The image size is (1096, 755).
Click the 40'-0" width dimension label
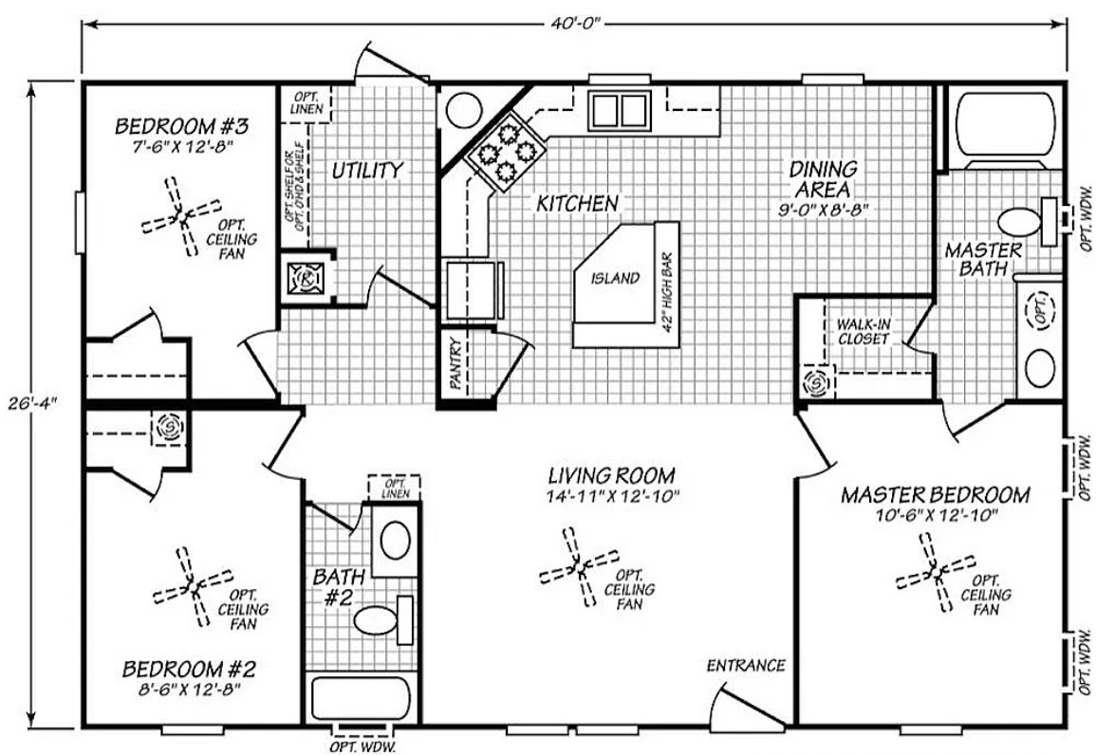coord(575,25)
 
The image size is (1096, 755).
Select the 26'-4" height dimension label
coord(32,403)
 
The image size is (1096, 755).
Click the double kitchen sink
coord(620,109)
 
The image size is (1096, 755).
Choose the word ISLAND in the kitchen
coord(615,278)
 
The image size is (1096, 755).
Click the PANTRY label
coord(455,364)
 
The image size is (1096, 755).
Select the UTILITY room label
coord(367,171)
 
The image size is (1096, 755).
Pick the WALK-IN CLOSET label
coord(864,332)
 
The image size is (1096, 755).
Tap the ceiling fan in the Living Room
coord(580,567)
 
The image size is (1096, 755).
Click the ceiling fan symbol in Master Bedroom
coord(936,572)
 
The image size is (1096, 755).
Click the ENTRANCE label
coord(746,666)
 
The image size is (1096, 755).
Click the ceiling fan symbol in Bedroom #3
coord(182,217)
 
